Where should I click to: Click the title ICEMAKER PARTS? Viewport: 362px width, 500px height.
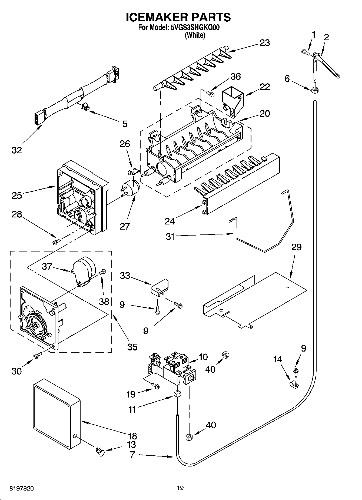pos(178,17)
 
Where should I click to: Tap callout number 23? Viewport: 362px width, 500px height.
pos(265,43)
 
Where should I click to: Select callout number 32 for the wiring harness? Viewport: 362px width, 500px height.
pos(16,150)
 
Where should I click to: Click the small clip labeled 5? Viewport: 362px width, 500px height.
pos(85,107)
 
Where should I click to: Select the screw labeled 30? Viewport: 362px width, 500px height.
pos(37,356)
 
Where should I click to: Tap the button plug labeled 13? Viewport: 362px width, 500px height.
pos(100,451)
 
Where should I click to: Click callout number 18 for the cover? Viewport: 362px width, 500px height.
pos(132,436)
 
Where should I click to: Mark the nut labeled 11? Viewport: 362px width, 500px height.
pos(177,394)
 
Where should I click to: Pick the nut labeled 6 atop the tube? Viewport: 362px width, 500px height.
pos(314,90)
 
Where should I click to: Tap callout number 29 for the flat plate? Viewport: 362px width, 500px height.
pos(296,247)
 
